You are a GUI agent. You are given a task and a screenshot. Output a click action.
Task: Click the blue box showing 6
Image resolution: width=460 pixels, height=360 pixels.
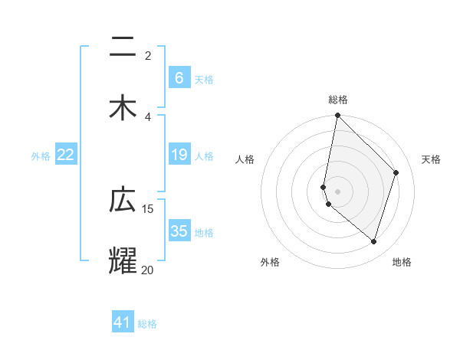(179, 78)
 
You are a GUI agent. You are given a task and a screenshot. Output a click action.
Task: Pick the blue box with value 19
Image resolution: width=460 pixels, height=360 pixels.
(179, 155)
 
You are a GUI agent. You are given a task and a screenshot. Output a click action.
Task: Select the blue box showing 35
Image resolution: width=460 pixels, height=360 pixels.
(179, 231)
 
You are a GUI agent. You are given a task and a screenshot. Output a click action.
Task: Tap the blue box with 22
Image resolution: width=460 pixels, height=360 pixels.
(66, 155)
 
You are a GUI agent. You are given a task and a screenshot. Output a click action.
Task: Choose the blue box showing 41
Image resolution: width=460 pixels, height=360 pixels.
(123, 322)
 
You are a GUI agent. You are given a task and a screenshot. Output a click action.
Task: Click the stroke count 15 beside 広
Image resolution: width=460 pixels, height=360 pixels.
(148, 208)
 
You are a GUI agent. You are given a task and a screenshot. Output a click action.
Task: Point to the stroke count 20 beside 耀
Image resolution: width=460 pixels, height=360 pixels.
(148, 269)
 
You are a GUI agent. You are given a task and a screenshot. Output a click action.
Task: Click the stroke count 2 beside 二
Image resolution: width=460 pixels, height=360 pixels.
(148, 56)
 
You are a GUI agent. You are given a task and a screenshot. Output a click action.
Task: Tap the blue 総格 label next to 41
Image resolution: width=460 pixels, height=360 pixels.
(147, 324)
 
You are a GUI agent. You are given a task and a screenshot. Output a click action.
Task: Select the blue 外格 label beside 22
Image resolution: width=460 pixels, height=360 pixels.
(41, 156)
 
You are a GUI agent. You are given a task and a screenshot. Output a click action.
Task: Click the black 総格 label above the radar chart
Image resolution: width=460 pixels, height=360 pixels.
(338, 100)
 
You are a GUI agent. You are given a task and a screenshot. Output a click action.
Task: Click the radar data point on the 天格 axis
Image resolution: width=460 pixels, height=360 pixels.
(396, 172)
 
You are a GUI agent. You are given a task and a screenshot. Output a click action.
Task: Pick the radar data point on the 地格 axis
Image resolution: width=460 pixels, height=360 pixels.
(374, 242)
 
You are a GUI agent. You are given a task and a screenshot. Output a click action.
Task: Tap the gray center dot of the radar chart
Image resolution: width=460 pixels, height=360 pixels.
(338, 191)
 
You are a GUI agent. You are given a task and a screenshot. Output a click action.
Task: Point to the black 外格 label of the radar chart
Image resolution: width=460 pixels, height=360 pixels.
(270, 262)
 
